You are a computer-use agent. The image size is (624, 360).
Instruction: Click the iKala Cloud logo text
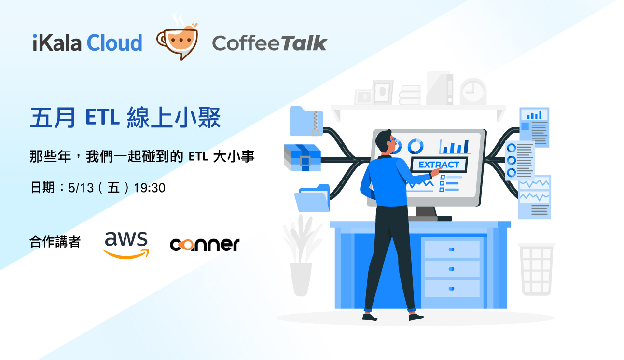[87, 42]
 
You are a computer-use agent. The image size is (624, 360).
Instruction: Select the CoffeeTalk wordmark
[269, 43]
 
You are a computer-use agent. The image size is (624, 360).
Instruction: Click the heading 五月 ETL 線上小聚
[125, 118]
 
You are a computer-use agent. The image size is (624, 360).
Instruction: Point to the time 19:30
[150, 188]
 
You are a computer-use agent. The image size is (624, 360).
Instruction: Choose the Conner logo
[205, 244]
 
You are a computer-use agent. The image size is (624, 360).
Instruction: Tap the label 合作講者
[55, 241]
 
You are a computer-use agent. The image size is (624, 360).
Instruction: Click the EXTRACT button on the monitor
[439, 165]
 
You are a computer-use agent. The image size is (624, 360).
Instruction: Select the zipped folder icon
[306, 121]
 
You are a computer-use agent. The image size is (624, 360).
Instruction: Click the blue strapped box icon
[302, 157]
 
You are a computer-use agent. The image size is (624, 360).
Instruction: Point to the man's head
[387, 142]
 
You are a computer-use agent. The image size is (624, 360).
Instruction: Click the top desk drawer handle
[451, 249]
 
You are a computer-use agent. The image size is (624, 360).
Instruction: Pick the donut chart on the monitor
[415, 146]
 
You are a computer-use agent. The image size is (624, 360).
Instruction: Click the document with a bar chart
[534, 127]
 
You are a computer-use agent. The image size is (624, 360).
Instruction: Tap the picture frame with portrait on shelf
[382, 92]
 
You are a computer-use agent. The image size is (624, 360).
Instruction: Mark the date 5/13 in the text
[81, 188]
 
